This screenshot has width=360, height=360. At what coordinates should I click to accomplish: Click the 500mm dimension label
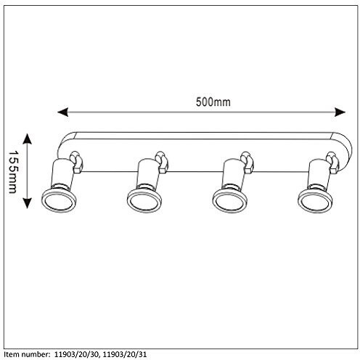pos(213,102)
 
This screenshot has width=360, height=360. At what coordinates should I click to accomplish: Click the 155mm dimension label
pos(13,172)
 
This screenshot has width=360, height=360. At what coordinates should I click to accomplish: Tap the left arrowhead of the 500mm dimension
pos(63,112)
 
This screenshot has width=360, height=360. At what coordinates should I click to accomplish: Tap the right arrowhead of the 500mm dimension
pos(340,112)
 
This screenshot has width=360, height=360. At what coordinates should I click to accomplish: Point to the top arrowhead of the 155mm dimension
pos(27,139)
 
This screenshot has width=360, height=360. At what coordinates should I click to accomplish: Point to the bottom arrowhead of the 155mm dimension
pos(27,203)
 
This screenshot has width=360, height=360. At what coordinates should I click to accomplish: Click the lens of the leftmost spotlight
pos(59,200)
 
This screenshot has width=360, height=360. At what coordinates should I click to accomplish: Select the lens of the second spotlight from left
pos(144,201)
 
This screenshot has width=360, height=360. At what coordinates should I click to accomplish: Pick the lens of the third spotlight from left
pos(230,201)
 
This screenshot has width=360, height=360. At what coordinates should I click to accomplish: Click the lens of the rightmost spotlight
pos(315,201)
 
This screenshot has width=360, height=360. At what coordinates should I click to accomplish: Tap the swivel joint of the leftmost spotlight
pos(77,162)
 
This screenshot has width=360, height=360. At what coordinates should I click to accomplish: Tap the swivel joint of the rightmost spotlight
pos(332,163)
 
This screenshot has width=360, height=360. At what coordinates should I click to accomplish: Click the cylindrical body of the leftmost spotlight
pos(62,173)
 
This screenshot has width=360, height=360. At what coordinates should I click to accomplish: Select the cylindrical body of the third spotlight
pos(233,174)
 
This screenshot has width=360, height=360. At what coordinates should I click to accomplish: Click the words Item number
pos(27,355)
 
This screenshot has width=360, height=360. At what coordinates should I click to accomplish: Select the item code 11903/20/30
pos(76,355)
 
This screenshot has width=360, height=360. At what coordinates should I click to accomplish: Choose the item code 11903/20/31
pos(125,355)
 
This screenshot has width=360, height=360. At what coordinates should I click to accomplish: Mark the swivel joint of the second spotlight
pos(162,163)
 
